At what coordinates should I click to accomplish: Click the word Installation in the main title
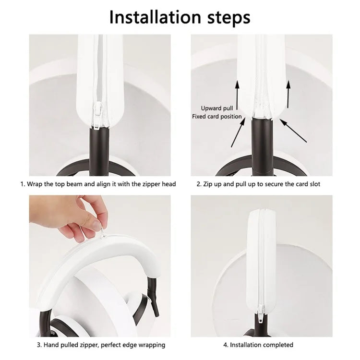coord(155,17)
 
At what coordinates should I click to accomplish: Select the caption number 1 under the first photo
coord(22,184)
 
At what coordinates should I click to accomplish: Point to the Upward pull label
coord(217,108)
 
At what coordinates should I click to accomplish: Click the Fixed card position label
coord(217,117)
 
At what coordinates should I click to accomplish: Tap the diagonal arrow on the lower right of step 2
coord(293,131)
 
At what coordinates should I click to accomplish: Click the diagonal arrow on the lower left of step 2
coord(238,132)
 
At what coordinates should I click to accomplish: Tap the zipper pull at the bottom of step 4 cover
coord(261,314)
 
